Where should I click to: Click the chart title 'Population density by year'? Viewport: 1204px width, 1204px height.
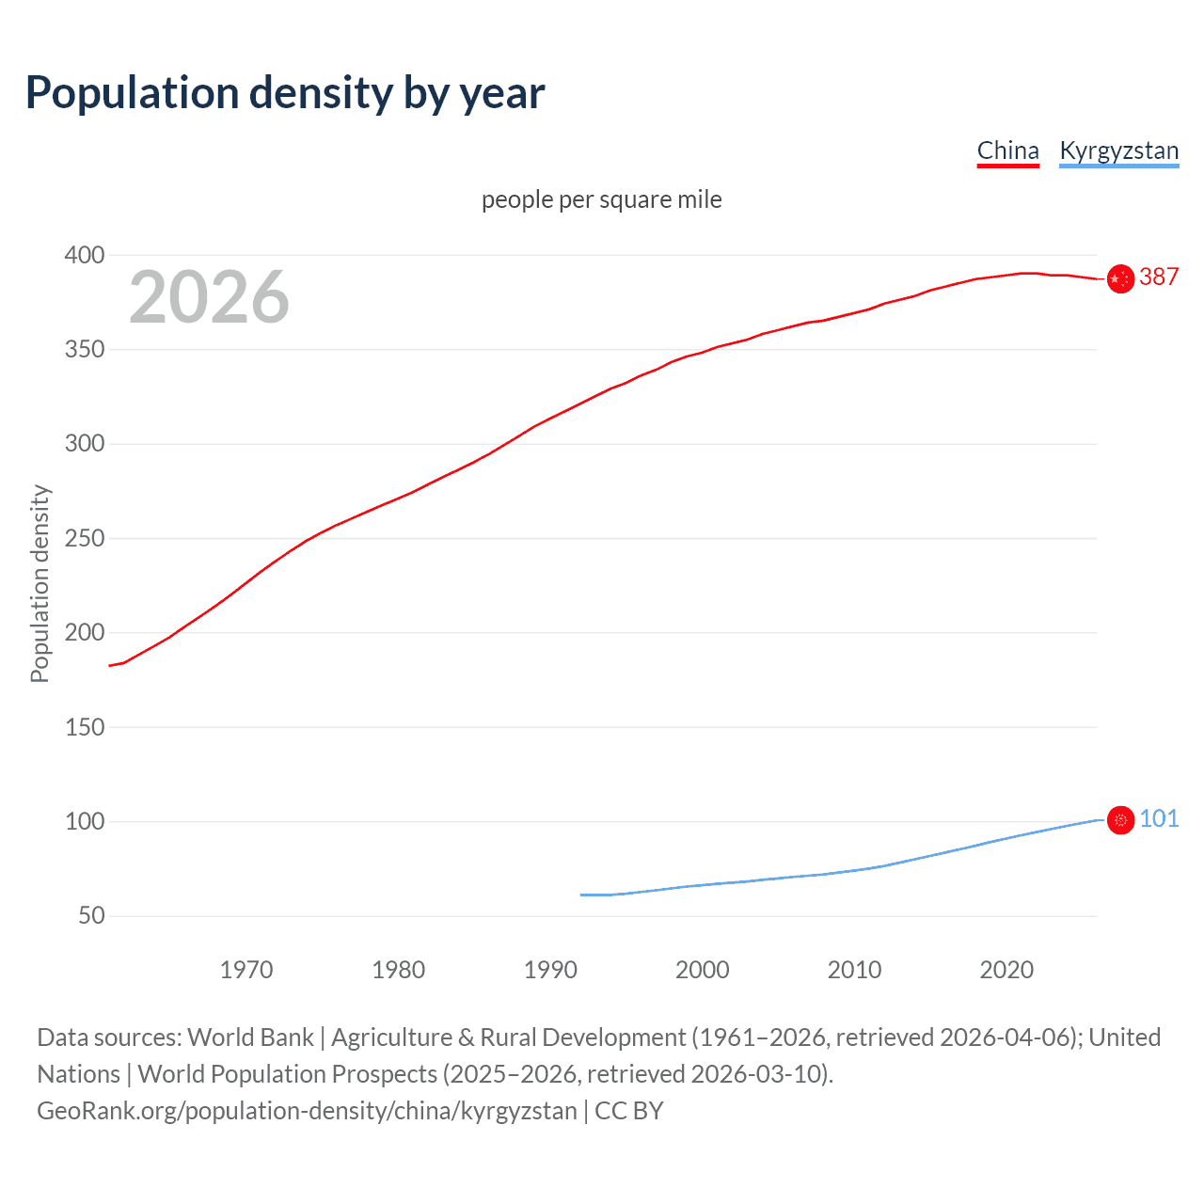pos(285,93)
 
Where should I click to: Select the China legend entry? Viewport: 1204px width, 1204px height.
pos(1007,150)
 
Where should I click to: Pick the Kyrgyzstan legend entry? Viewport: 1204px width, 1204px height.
pos(1118,150)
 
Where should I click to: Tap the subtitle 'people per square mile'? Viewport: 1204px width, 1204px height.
pos(601,199)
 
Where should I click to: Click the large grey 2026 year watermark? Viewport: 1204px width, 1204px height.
pos(209,297)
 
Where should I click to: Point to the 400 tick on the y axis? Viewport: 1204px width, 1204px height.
pos(84,255)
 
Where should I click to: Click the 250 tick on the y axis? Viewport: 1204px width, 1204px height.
pos(84,538)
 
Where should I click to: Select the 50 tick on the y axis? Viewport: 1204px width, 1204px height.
pos(90,915)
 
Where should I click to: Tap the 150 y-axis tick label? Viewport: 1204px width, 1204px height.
pos(84,727)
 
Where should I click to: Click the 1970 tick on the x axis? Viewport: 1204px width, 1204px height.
pos(246,970)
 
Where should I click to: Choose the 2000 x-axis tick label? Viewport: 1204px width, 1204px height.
pos(702,970)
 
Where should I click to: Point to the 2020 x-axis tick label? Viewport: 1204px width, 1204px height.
pos(1006,970)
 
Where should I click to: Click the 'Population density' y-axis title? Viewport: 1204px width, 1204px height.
pos(40,583)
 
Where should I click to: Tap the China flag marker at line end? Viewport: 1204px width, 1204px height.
pos(1119,279)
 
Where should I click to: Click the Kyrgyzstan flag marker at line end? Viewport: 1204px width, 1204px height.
pos(1120,820)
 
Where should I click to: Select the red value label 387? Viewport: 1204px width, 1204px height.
pos(1159,277)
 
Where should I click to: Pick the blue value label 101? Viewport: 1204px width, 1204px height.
pos(1159,818)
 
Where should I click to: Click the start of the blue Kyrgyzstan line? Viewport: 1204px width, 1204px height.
pos(581,895)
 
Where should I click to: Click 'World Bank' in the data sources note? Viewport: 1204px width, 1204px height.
pos(250,1038)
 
